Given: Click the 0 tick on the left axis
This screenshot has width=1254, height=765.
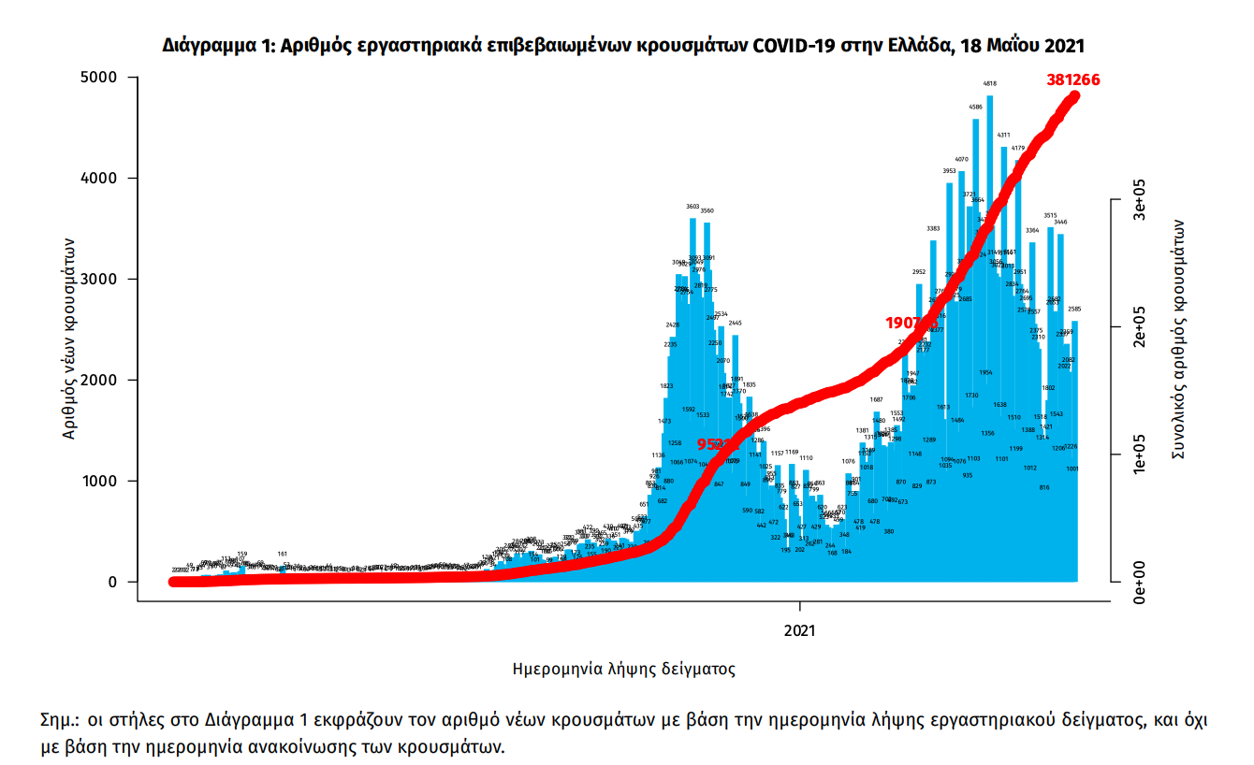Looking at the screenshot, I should point(109,582).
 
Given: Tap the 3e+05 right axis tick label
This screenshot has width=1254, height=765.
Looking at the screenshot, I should point(1139,199).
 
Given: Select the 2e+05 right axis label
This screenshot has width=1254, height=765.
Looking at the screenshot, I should point(1139,327).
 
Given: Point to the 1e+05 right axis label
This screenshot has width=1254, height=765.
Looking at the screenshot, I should point(1139,455).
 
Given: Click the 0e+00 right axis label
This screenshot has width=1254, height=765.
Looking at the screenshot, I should point(1139,582).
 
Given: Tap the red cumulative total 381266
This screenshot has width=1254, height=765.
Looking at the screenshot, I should point(1072,79).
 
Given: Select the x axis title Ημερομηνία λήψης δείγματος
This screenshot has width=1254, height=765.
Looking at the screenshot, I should point(624,669).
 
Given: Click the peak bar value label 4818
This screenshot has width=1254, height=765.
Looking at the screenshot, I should point(989,84).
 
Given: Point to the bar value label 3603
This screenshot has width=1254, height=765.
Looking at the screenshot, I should point(693,207).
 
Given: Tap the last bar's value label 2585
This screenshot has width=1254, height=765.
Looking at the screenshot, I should point(1075,309).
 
